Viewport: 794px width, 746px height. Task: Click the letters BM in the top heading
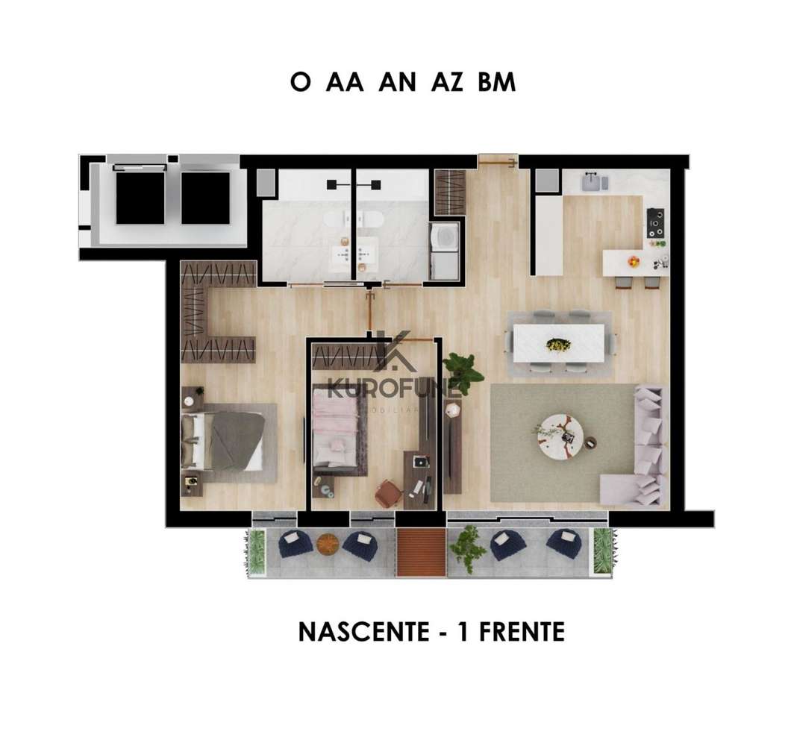[496, 83]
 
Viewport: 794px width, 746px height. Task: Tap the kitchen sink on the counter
[594, 181]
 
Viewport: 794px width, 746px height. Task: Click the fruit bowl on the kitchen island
[634, 261]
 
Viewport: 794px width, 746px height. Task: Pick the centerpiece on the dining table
[558, 344]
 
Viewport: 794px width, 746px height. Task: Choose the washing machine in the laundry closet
[446, 239]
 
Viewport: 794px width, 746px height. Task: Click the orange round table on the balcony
[328, 544]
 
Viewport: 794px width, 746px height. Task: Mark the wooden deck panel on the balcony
[421, 552]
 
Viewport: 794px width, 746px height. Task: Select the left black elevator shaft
[140, 198]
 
